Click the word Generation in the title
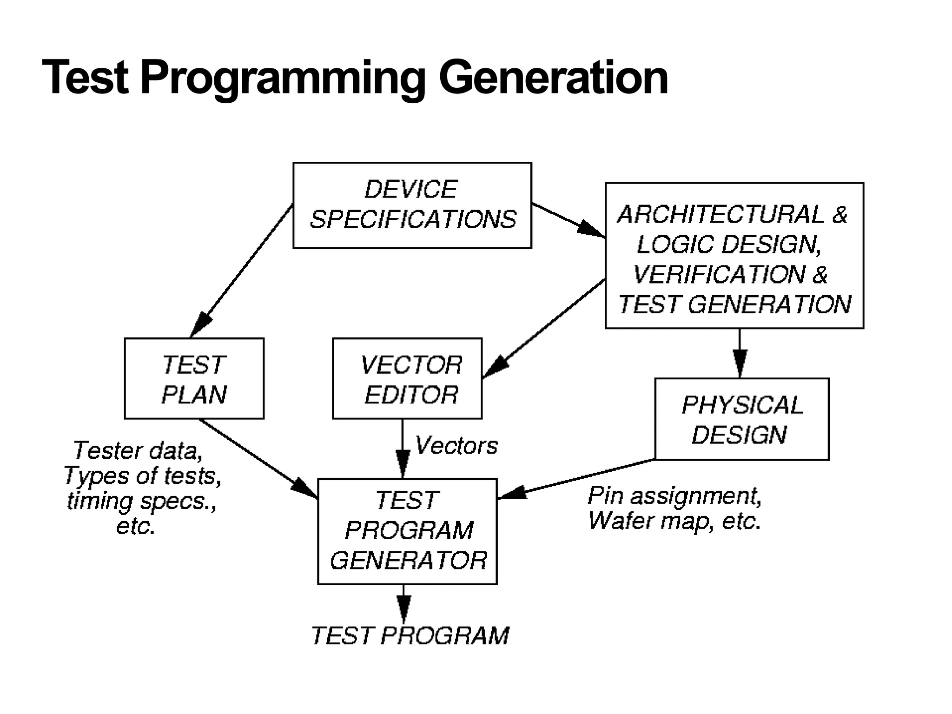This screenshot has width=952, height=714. click(553, 78)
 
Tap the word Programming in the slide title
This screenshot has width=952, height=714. click(282, 78)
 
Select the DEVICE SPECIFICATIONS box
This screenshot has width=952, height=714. click(412, 205)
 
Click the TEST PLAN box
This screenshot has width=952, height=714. click(194, 378)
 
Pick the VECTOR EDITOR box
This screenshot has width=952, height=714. click(407, 378)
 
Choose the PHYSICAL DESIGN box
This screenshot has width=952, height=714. click(741, 419)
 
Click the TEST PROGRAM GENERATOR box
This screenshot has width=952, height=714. click(407, 531)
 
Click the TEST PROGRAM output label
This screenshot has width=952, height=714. click(410, 635)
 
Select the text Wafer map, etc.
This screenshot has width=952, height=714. click(674, 521)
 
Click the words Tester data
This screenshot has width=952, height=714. click(138, 450)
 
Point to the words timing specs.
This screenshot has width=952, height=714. click(141, 501)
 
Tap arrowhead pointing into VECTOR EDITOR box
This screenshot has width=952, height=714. click(495, 367)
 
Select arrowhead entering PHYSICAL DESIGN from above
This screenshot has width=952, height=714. click(740, 363)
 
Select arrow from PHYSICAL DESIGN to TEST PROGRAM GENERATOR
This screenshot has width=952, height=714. click(576, 479)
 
